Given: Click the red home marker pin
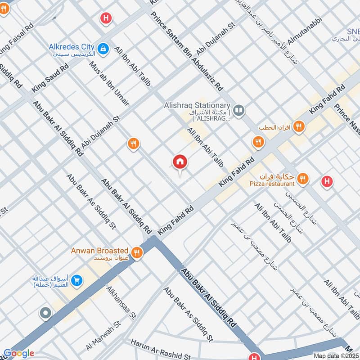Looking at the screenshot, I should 180,161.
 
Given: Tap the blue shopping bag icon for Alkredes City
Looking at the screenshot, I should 103,48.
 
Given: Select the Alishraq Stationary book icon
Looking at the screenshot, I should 239,109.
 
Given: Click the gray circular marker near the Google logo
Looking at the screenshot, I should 45,314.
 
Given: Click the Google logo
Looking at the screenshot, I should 19,353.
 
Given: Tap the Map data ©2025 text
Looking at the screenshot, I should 335,356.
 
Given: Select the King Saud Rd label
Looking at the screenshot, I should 50,78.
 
